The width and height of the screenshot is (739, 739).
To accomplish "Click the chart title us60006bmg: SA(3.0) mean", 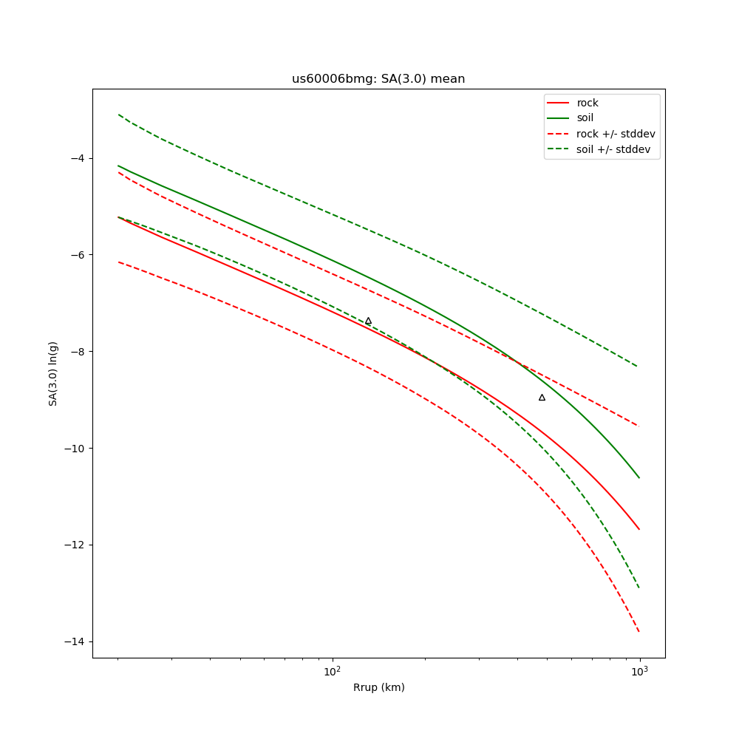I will pos(378,79).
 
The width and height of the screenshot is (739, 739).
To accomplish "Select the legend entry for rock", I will pos(588,103).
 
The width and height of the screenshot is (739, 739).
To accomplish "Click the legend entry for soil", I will pos(585,118).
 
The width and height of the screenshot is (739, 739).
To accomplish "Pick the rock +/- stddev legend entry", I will pos(616,134).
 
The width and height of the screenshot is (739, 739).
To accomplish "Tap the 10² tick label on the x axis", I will pos(333,670).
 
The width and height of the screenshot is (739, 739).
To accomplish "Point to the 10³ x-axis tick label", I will pos(639,670).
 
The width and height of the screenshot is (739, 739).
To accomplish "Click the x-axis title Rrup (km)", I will pos(378,687).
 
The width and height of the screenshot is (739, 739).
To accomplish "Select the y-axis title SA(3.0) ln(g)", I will pos(53,373).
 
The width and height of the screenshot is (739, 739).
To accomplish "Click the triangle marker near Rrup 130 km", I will pos(368,321).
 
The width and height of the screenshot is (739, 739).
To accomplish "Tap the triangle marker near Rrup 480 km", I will pos(542,398).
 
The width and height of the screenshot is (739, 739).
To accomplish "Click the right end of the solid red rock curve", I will pos(639,529).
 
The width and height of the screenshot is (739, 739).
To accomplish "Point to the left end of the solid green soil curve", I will pos(118,166).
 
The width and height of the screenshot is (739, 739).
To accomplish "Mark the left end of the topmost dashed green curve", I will pos(118,115).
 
